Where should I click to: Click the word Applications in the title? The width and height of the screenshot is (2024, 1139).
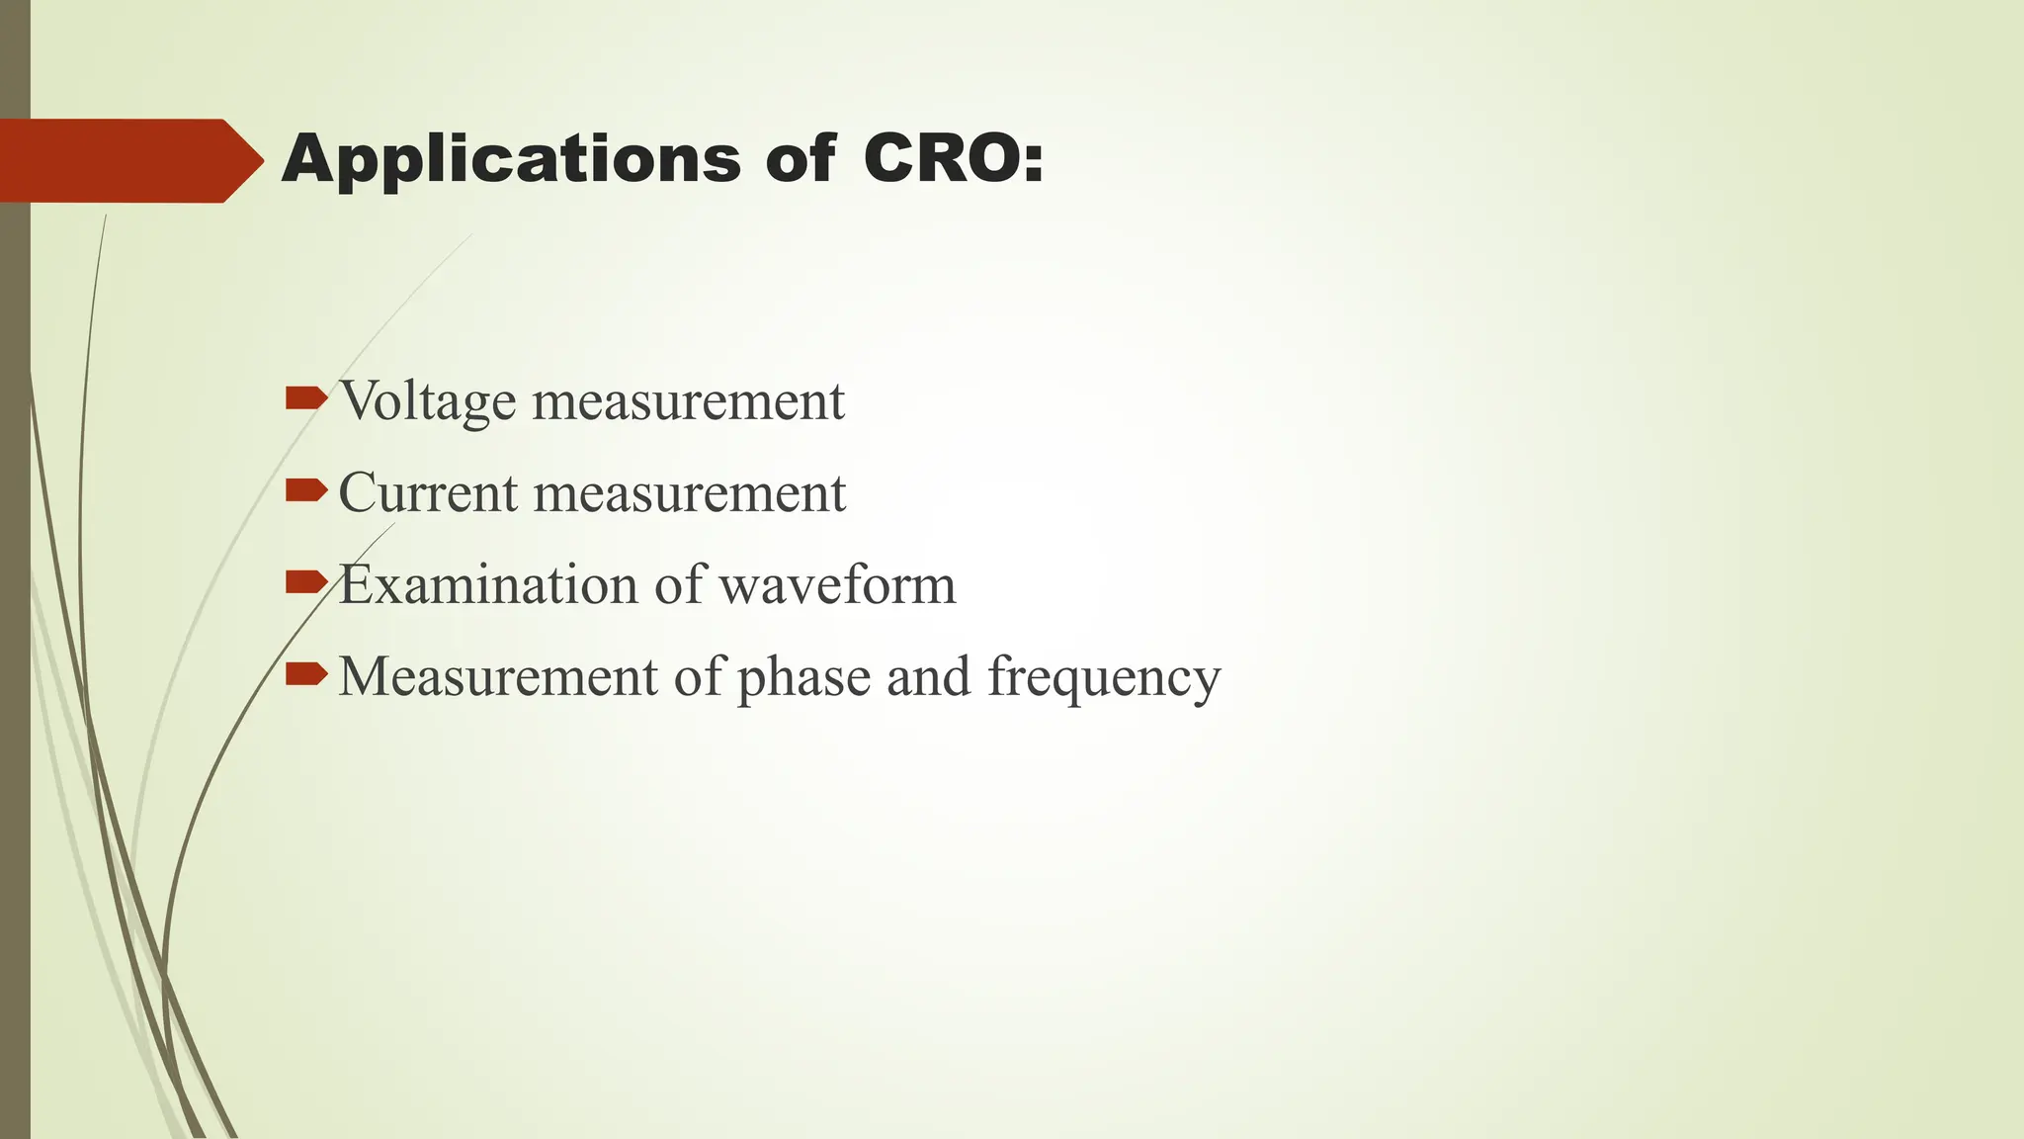[x=510, y=160]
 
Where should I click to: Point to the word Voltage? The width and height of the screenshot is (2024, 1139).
[x=427, y=401]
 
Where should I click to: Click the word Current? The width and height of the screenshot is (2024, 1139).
[x=427, y=492]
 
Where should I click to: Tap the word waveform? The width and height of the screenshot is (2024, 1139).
[x=837, y=584]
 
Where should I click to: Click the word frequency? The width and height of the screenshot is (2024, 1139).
[x=1104, y=678]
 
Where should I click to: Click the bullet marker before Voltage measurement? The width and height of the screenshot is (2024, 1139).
[x=305, y=398]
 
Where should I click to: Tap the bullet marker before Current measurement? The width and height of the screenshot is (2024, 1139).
[x=305, y=489]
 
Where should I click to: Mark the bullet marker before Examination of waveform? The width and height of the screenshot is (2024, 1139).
[x=305, y=581]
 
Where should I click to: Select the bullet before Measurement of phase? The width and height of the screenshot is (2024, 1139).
[x=305, y=674]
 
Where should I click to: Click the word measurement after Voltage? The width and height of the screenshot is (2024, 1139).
[x=689, y=401]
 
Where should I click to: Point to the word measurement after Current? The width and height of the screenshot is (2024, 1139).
[x=690, y=492]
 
